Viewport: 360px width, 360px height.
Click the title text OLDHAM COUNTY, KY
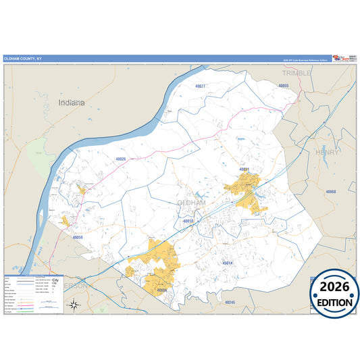pos(22,59)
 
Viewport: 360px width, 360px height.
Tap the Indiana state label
pos(72,103)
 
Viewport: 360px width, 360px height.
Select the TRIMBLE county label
pos(297,72)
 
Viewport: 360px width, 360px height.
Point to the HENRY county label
pos(328,153)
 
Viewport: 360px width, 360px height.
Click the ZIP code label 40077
pos(200,86)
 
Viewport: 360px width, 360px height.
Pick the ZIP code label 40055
pos(284,86)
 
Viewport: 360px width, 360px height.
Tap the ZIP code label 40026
pos(121,159)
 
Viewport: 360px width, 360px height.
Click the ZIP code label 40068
pos(331,192)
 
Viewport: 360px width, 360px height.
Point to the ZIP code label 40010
pos(188,221)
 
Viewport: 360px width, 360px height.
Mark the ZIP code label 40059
pos(78,238)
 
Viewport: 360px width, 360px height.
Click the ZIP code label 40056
pos(161,290)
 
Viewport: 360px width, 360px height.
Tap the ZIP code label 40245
pos(230,302)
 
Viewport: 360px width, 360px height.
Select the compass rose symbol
pos(75,305)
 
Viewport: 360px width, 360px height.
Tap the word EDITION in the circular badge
pos(335,303)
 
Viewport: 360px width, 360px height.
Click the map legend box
pos(34,294)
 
